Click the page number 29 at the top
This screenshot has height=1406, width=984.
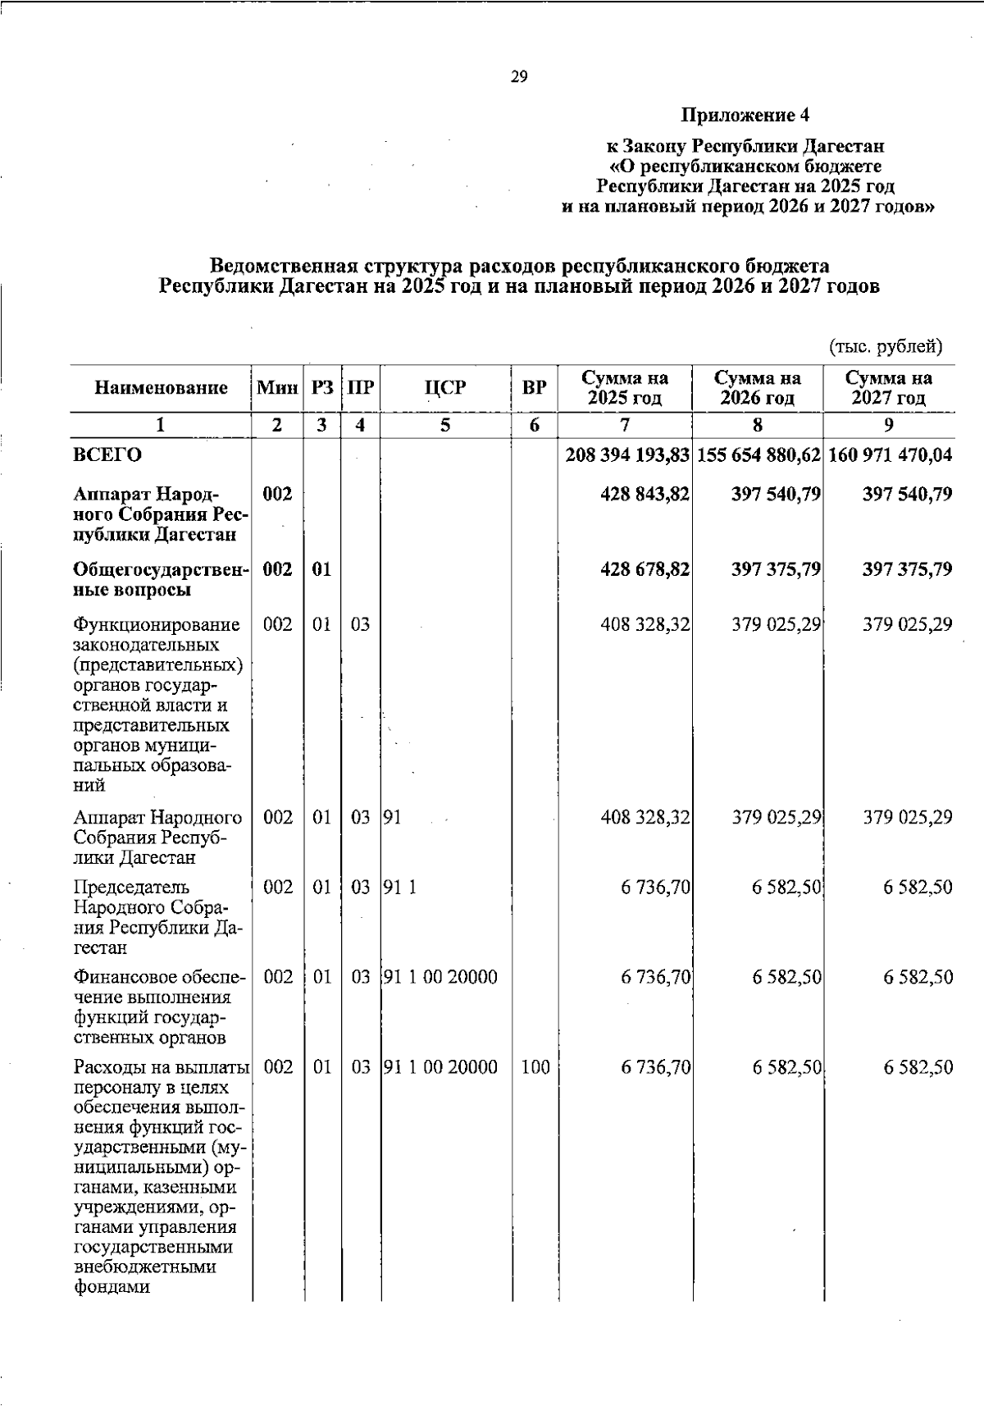coord(519,77)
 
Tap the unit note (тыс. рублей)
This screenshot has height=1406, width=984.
coord(886,346)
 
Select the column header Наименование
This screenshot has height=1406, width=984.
coord(161,387)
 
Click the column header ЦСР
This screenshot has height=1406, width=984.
coord(445,387)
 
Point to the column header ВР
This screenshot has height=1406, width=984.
coord(535,387)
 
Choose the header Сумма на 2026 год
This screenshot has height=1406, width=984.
coord(757,388)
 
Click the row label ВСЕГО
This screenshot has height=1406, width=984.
coord(107,454)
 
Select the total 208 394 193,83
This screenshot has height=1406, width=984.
coord(627,454)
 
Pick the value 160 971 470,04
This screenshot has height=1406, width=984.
coord(890,454)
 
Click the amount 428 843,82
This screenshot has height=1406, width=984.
coord(645,494)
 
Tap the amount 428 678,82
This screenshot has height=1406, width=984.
coord(645,569)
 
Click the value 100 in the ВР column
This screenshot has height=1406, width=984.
coord(535,1067)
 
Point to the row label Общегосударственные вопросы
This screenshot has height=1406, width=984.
coord(160,579)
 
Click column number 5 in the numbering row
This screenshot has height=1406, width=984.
coord(445,425)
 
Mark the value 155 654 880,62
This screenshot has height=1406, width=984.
coord(758,454)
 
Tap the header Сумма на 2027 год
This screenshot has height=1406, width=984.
coord(889,388)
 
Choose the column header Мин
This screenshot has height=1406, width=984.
coord(277,387)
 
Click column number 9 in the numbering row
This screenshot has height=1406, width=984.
coord(889,425)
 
